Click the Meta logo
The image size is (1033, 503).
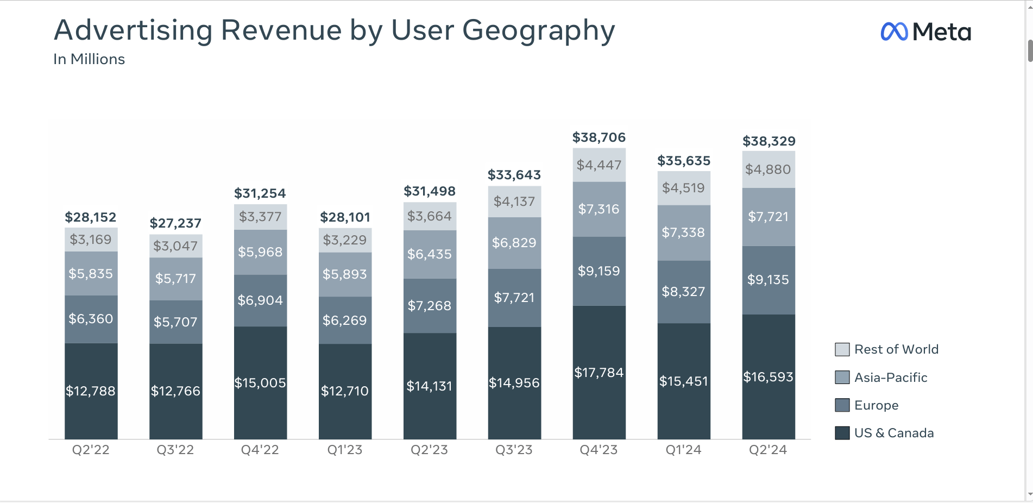(925, 32)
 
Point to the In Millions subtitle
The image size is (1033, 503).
(89, 59)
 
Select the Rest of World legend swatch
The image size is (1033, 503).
(842, 349)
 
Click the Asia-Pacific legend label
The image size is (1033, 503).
(891, 378)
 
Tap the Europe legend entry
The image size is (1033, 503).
(876, 405)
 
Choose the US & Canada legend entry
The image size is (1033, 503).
(893, 433)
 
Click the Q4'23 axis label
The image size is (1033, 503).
(599, 450)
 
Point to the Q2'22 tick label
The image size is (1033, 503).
(91, 450)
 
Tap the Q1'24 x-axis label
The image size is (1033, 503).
(683, 450)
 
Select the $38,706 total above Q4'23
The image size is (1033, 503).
(599, 137)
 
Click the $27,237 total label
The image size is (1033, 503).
(175, 223)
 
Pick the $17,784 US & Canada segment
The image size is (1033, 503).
(599, 373)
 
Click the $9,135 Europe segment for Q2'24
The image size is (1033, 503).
(768, 280)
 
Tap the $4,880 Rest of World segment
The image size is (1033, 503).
(768, 169)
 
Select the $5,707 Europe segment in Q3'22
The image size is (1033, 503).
(175, 322)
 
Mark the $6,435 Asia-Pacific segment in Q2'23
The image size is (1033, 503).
(430, 254)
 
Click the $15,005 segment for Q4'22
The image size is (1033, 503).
(260, 383)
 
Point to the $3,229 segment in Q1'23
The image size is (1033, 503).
(345, 240)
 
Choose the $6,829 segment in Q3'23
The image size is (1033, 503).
(514, 243)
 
